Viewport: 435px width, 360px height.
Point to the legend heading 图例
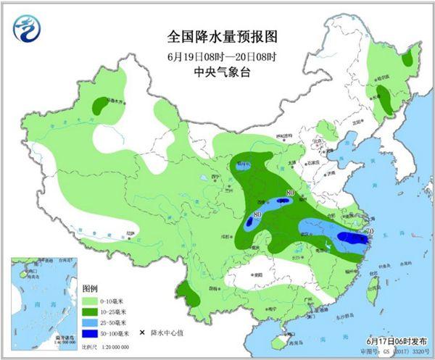pos(89,288)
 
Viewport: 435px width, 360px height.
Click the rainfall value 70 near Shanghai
pos(369,232)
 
